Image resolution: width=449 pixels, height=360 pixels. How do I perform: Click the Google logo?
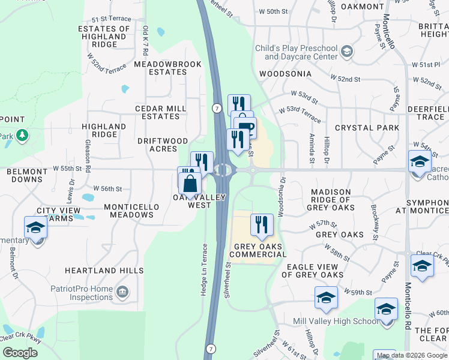coord(20,352)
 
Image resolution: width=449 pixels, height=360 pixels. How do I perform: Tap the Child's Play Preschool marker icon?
coord(346,53)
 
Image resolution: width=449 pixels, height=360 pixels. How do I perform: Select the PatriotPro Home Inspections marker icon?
coord(122,292)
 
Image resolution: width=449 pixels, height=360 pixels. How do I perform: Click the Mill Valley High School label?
coord(336,322)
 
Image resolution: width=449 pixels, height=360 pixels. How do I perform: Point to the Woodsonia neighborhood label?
coord(285,74)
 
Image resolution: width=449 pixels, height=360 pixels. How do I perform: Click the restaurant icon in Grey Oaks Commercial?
coord(262,224)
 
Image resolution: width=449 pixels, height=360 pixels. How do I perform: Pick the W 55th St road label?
coord(67,169)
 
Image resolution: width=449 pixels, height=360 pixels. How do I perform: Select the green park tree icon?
coord(22,134)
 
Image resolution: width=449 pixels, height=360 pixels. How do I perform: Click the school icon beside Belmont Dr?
coord(36,229)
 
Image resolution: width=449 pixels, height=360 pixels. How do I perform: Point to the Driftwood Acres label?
coord(163,145)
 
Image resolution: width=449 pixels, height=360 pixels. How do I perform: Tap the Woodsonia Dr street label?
coord(280,195)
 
